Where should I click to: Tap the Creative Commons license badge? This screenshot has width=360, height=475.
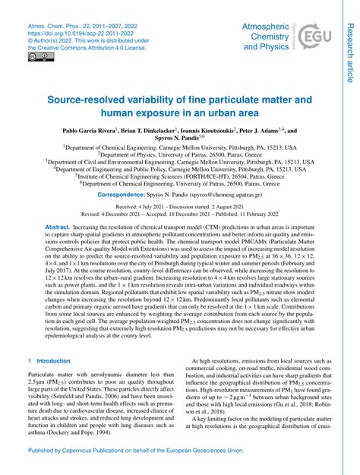36,56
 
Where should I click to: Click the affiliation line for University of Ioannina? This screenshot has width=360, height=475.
180,154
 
